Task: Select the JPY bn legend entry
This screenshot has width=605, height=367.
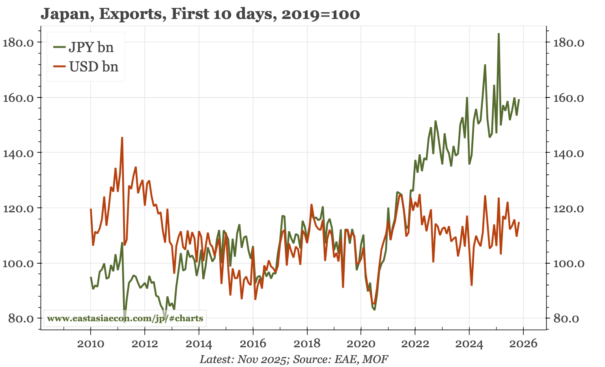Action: (91, 47)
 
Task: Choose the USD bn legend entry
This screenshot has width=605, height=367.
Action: (93, 66)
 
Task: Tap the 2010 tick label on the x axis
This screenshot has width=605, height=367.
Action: (91, 343)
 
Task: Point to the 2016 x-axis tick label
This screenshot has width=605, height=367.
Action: (253, 343)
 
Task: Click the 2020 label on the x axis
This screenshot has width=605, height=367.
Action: (361, 343)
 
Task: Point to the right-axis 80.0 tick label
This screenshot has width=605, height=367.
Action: (566, 318)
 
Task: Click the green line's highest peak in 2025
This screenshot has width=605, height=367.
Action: (499, 34)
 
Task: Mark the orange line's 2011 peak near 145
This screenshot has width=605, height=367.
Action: (122, 138)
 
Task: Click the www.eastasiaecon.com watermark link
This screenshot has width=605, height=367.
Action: (125, 318)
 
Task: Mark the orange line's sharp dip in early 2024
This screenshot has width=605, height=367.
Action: (471, 285)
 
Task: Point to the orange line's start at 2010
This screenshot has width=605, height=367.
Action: (91, 210)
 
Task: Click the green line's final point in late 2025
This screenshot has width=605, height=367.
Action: (519, 100)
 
